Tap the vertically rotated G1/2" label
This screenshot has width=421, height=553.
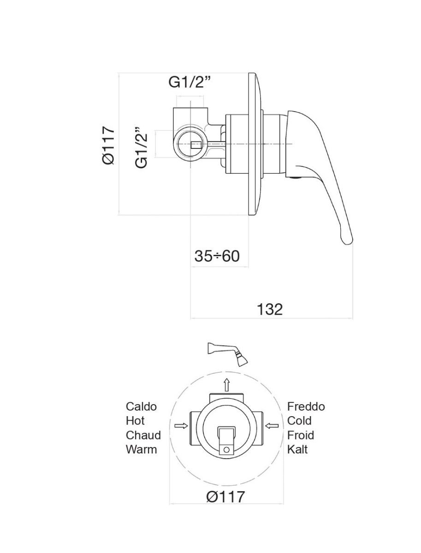[x=142, y=147]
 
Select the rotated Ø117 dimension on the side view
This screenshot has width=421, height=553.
[x=108, y=145]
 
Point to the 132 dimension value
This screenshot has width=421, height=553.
[x=269, y=309]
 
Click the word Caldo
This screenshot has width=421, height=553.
[x=141, y=406]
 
